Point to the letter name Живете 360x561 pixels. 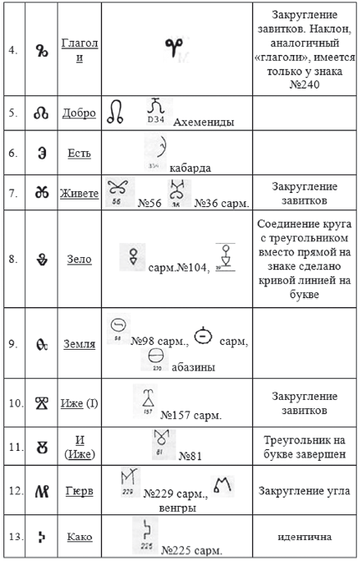point(80,194)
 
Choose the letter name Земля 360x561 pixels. point(79,343)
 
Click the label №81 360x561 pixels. point(190,455)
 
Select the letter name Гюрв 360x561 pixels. point(79,491)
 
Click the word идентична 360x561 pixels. point(305,536)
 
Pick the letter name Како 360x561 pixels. point(79,536)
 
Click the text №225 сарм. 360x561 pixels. point(192,550)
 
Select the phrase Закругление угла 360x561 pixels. point(304,491)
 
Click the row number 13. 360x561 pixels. point(13,536)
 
